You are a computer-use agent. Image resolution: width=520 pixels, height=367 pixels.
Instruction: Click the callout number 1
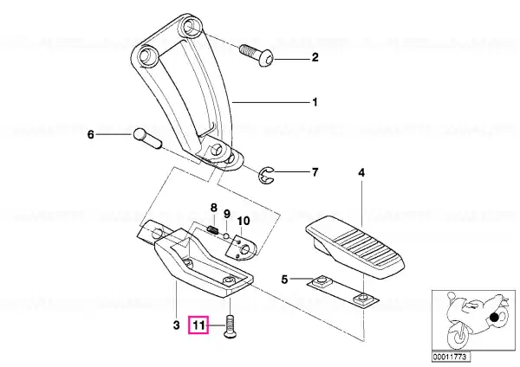(x=315, y=102)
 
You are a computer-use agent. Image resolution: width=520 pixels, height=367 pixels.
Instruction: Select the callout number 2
(x=315, y=57)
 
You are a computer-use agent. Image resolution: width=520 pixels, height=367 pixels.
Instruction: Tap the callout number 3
(x=177, y=325)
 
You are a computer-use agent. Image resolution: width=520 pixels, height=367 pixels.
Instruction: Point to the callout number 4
(x=361, y=172)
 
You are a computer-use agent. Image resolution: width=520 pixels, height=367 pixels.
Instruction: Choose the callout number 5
(x=284, y=280)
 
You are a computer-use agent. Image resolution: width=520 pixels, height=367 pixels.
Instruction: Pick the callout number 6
(x=91, y=135)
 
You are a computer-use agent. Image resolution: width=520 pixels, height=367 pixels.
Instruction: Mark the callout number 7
(x=315, y=172)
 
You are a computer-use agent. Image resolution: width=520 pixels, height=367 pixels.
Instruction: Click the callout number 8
(x=214, y=208)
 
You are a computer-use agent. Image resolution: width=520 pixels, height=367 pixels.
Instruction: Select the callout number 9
(x=227, y=214)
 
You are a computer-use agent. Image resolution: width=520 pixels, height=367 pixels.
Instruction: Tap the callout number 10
(x=244, y=221)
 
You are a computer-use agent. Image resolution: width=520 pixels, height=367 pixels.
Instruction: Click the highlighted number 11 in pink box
(x=198, y=325)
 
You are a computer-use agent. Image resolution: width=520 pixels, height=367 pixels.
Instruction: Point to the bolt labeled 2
(x=257, y=55)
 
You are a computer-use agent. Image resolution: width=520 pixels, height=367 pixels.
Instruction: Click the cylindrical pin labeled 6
(x=147, y=138)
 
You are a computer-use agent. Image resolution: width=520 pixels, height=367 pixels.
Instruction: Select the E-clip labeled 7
(x=266, y=175)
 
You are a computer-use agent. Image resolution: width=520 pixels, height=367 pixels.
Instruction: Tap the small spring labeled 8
(x=213, y=229)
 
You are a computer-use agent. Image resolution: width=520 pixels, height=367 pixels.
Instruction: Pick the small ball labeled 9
(x=226, y=235)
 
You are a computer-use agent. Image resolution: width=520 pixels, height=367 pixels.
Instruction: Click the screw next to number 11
(x=230, y=326)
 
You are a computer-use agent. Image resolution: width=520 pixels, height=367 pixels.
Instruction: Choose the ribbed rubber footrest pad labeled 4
(x=355, y=246)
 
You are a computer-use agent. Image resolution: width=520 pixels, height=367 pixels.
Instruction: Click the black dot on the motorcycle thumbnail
(x=495, y=318)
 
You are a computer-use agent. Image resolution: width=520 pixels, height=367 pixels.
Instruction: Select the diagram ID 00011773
(x=450, y=357)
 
